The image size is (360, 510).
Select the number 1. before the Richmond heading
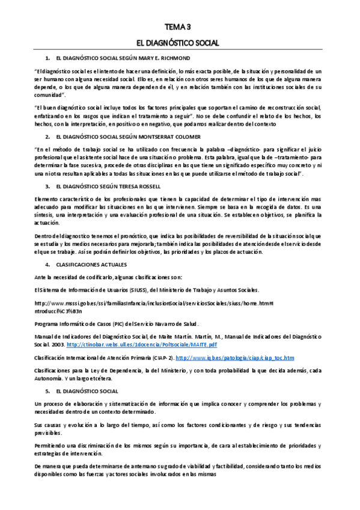(x=48, y=58)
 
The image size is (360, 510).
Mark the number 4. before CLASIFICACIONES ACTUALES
(x=48, y=265)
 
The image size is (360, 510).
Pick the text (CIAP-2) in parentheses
(x=160, y=357)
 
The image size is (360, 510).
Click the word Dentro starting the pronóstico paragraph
(x=44, y=236)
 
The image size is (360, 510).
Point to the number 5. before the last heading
(x=48, y=391)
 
